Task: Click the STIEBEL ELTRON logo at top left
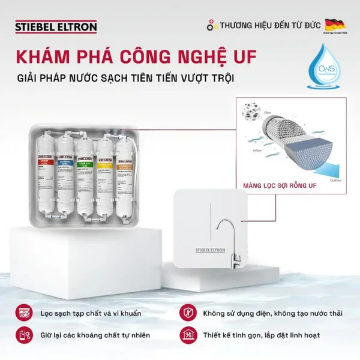[x=55, y=26]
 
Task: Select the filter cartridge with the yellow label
[x=106, y=174]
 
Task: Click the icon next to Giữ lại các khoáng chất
[x=23, y=335]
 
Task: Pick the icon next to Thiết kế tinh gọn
[x=187, y=335]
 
